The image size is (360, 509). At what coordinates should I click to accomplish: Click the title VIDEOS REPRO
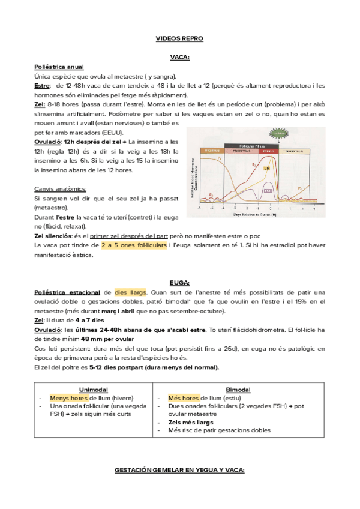coord(179,38)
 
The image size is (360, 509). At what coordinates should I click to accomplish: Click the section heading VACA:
coord(179,57)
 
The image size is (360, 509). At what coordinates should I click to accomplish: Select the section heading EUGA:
coord(179,282)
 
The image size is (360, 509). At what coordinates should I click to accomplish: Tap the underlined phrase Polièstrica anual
coord(59,67)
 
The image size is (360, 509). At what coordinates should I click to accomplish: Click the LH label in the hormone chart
coord(266,169)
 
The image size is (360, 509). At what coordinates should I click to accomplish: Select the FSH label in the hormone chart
coord(268,191)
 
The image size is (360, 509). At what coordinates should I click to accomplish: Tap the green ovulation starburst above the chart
coord(278,134)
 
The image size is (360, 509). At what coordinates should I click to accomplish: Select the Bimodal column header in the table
coord(238,389)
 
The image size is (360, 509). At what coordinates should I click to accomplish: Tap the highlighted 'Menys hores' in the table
coord(67,397)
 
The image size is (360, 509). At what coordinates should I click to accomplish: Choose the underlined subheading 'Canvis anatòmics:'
coord(60,188)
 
